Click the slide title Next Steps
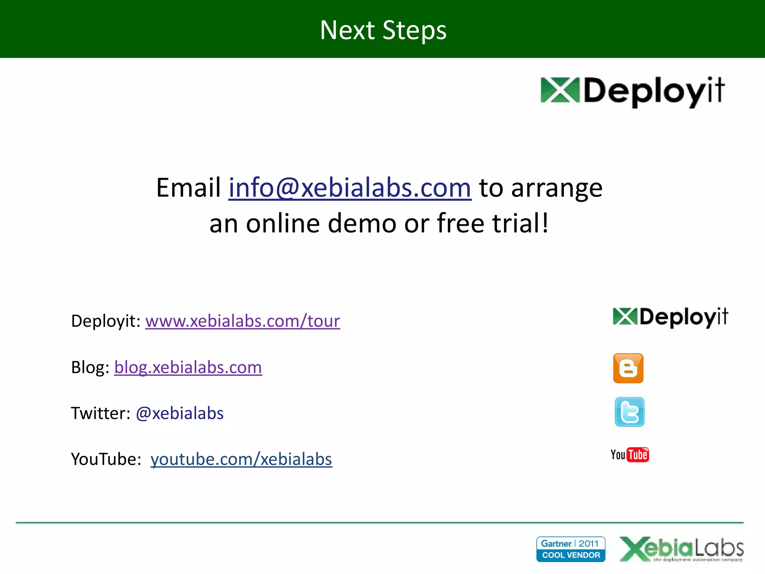(383, 30)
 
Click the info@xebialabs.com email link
(350, 188)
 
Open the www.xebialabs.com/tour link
(242, 321)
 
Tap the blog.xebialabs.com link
(188, 367)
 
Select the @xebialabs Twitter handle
(180, 413)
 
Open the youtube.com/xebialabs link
(241, 459)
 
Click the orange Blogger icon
(628, 368)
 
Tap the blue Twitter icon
(629, 412)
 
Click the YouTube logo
(630, 455)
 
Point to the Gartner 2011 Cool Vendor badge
(570, 549)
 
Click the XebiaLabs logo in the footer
(681, 549)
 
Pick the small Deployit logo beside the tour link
(670, 317)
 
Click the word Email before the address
(188, 188)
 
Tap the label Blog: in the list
(90, 367)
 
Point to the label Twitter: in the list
(100, 413)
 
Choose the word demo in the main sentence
(362, 223)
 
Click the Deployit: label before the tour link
(106, 321)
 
